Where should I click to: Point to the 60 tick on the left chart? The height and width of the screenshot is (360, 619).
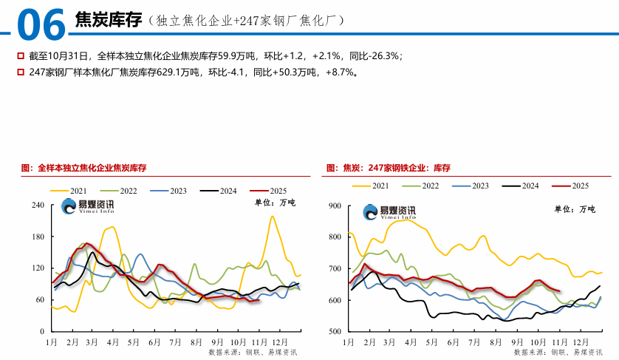tap(41, 299)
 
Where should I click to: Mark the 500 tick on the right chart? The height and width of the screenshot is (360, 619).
tap(334, 332)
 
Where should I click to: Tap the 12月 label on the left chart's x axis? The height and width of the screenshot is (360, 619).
tap(279, 344)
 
